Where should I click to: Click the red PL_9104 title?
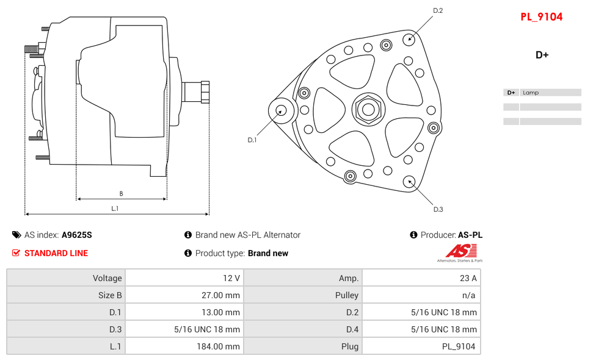click(541, 17)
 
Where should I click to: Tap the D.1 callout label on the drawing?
click(252, 140)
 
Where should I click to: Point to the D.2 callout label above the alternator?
click(438, 10)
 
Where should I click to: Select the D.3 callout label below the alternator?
click(438, 210)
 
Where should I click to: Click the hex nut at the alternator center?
click(368, 110)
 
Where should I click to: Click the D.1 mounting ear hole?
click(281, 110)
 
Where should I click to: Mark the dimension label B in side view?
click(121, 194)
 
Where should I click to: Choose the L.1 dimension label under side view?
click(115, 209)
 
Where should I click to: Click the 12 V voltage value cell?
click(231, 278)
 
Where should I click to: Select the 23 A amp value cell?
click(468, 278)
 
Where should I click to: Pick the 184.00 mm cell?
click(223, 346)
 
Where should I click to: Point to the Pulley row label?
click(347, 295)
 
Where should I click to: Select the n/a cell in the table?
click(470, 295)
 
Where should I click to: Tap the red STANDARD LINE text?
click(56, 253)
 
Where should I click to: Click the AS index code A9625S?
click(77, 235)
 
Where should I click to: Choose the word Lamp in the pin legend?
click(531, 93)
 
